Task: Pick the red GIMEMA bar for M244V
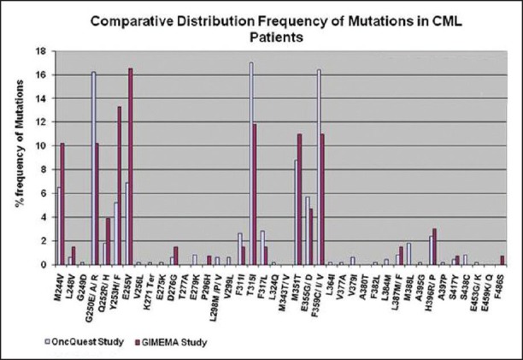[x=62, y=204]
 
